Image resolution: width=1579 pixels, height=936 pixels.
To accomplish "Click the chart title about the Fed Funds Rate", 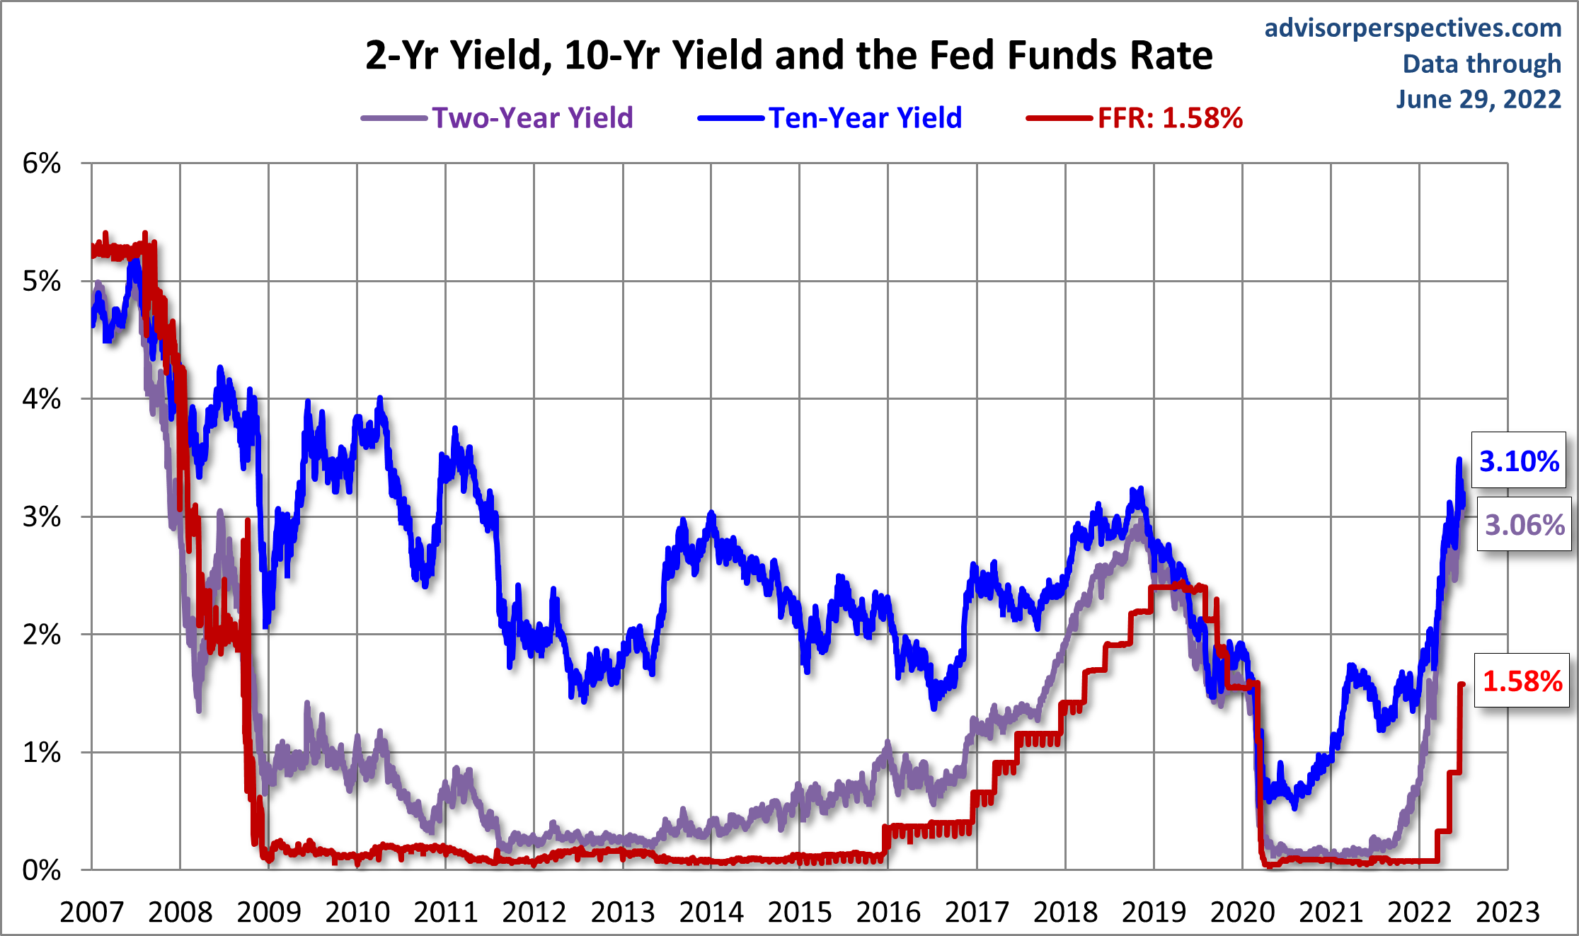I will (x=788, y=55).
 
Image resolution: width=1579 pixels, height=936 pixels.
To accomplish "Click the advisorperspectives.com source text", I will (x=1413, y=28).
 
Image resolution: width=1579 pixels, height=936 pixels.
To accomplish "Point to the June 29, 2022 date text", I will (x=1478, y=99).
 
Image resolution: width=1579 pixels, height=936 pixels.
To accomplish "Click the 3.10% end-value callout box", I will (x=1519, y=461).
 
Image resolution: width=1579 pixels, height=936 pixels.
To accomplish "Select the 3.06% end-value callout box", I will (x=1524, y=525).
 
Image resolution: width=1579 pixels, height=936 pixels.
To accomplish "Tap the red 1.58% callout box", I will (x=1522, y=681).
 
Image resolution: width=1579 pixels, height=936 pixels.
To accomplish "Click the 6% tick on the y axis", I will (x=42, y=163).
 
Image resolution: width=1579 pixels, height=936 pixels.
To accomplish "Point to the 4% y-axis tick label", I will (x=42, y=399).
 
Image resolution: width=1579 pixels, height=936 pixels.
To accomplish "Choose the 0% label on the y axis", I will (x=42, y=870).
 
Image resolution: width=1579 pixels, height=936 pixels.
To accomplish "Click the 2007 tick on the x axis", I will (x=92, y=912).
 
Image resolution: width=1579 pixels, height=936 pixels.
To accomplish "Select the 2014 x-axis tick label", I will (x=711, y=912).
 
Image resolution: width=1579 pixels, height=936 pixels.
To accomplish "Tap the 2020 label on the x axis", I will (x=1242, y=912).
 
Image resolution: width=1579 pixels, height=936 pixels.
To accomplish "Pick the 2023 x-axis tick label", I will (x=1508, y=912).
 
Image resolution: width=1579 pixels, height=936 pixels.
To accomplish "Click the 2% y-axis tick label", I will (x=42, y=635).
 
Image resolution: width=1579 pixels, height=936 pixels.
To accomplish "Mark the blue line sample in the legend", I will (x=731, y=118).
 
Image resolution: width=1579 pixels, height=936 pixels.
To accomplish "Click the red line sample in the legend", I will (x=1060, y=118).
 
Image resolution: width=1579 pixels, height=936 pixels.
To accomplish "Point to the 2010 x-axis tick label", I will (x=357, y=912).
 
